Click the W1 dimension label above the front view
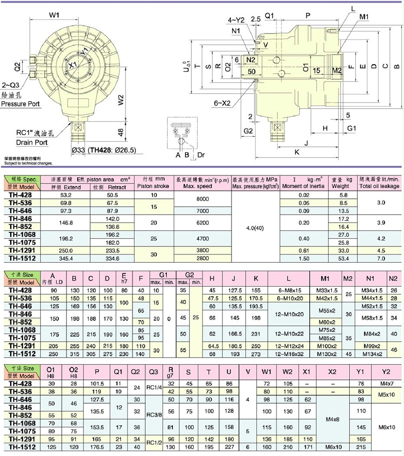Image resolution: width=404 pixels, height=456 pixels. click(54, 15)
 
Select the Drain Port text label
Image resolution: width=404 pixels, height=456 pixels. click(32, 142)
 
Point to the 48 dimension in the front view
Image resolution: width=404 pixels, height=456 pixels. click(121, 132)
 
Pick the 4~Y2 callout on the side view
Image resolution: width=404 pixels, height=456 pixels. click(236, 20)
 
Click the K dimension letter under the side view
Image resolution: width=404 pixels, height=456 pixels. click(297, 152)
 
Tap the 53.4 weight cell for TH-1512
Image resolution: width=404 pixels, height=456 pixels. click(344, 258)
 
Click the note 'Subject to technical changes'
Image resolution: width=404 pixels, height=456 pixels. click(27, 164)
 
